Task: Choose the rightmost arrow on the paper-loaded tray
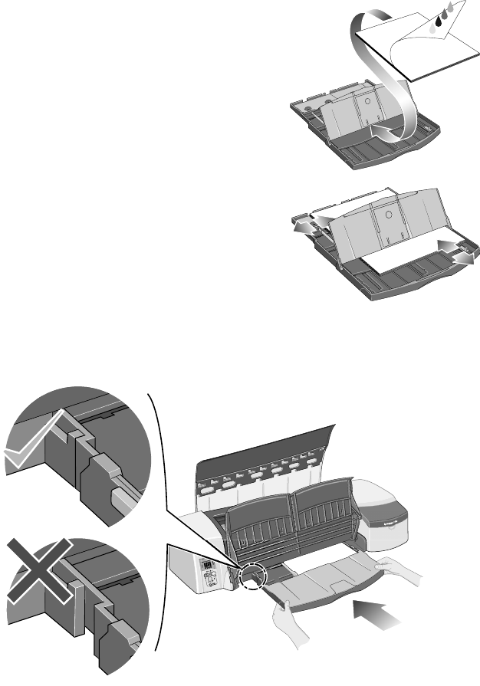click(x=470, y=261)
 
